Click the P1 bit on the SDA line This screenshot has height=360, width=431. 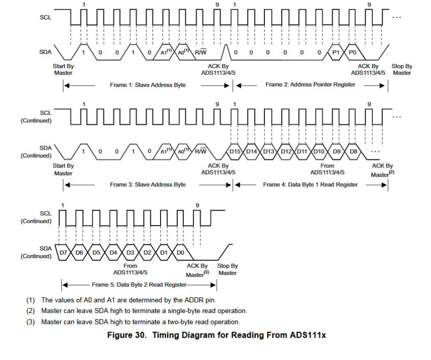[x=336, y=53]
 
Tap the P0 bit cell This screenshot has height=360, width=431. [x=353, y=53]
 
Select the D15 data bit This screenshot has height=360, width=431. [x=235, y=151]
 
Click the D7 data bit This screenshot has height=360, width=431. [x=64, y=253]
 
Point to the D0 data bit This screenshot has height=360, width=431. [x=180, y=253]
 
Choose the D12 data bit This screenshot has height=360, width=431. [x=286, y=151]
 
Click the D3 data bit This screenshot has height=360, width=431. [x=130, y=253]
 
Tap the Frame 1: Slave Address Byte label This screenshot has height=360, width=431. [x=148, y=85]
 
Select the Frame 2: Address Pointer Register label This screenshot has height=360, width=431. [x=310, y=85]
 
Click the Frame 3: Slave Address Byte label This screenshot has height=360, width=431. [x=148, y=184]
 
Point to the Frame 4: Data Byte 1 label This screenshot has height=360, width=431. [x=310, y=184]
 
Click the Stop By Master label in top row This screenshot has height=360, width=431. [x=401, y=70]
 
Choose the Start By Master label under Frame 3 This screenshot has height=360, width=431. [x=63, y=170]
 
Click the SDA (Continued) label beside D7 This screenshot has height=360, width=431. [x=36, y=252]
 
